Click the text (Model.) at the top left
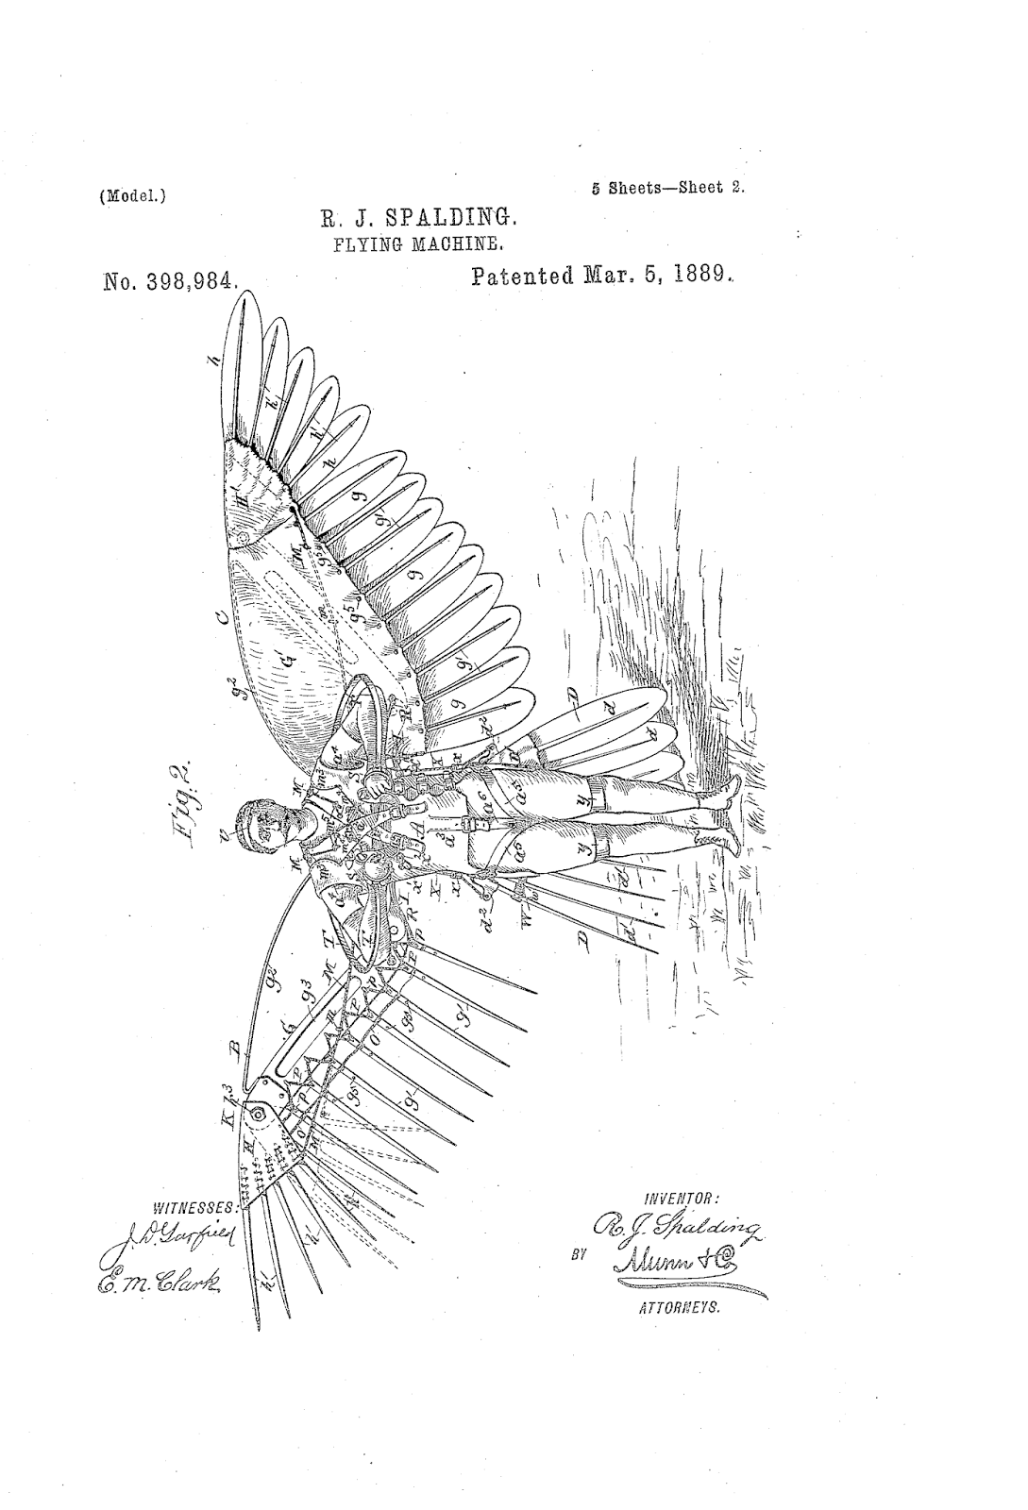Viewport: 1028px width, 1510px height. [x=132, y=198]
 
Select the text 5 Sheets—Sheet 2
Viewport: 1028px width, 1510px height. [x=667, y=187]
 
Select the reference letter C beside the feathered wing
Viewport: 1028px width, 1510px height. [x=222, y=619]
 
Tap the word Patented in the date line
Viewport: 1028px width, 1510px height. [x=524, y=277]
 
